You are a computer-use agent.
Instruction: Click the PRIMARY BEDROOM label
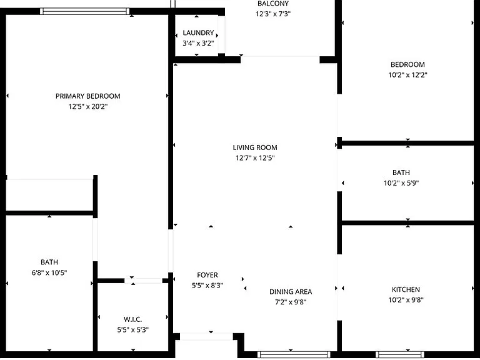coord(88,96)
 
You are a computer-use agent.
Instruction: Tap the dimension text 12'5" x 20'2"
coord(88,106)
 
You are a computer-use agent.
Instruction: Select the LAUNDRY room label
coord(198,32)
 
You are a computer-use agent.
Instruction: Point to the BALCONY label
coord(273,4)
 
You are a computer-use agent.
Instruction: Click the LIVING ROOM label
coord(255,147)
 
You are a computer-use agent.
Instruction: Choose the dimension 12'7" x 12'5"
coord(255,158)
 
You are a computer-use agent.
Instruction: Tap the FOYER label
coord(207,275)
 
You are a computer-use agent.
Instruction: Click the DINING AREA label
coord(291,292)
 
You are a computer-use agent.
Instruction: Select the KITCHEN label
coord(406,289)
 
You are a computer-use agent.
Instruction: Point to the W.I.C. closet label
coord(133,319)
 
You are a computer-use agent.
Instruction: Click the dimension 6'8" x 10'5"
coord(49,272)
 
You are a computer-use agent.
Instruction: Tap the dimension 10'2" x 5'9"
coord(401,183)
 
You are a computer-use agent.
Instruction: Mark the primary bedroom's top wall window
coord(85,11)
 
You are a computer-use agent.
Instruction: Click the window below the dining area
coord(294,354)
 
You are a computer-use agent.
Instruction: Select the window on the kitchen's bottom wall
coord(400,354)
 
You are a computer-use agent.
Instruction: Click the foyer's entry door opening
coord(206,336)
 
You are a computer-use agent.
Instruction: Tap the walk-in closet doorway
coord(143,281)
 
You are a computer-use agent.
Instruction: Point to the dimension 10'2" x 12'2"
coord(407,75)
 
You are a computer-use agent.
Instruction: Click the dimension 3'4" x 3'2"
coord(198,43)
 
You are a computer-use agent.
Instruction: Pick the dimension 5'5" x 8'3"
coord(207,285)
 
